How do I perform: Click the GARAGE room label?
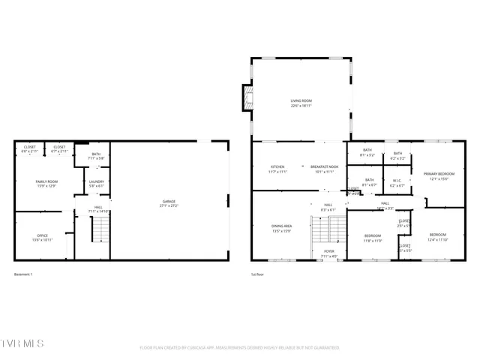point(169,201)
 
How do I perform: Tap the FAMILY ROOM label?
point(47,181)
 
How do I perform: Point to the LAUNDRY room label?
point(96,181)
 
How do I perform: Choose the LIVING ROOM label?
point(301,100)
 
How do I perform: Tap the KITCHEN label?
point(277,166)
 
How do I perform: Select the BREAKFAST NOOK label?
point(325,166)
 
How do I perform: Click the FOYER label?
point(328,251)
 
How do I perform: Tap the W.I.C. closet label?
point(397,180)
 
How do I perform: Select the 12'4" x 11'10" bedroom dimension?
point(437,240)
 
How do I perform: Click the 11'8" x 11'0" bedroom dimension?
point(373,241)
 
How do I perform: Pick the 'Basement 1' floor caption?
point(23,274)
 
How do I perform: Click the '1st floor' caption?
point(257,274)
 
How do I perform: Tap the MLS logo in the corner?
point(22,343)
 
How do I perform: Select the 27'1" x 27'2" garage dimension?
point(169,205)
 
